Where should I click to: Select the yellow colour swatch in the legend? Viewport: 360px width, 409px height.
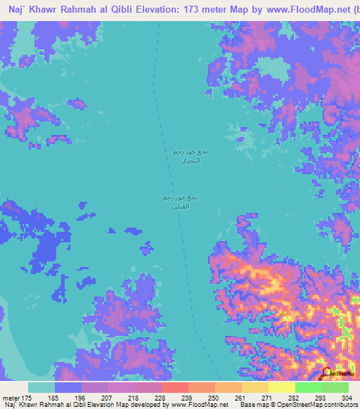281,387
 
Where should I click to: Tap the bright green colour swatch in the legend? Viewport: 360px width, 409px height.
308,387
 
